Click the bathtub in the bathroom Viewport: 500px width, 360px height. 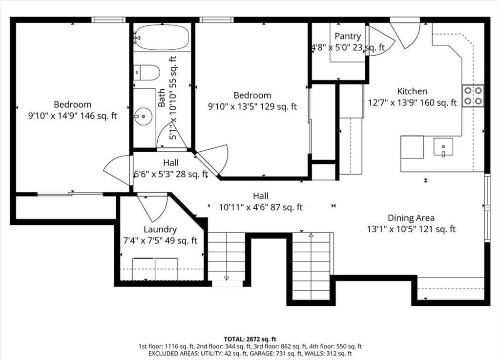(x=162, y=37)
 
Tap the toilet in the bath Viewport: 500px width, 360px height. (x=146, y=73)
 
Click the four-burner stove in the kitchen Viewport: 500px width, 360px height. (x=473, y=95)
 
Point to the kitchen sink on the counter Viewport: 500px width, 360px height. (x=443, y=147)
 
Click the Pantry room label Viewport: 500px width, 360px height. (x=348, y=36)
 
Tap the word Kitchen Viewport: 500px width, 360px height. (x=412, y=91)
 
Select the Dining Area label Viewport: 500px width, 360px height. (x=411, y=218)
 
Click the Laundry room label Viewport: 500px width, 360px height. (x=160, y=229)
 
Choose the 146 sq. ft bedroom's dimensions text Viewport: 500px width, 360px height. (x=73, y=116)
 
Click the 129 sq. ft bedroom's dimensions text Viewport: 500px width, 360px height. (x=252, y=106)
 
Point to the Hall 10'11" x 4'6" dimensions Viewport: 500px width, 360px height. (x=261, y=207)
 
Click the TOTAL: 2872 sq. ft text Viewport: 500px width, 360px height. (x=250, y=339)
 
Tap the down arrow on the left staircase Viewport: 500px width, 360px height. (x=227, y=278)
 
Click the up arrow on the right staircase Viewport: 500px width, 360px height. (x=311, y=236)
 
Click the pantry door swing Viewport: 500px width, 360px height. (x=381, y=41)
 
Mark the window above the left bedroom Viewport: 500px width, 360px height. (x=108, y=20)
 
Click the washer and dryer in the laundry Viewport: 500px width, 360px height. (x=155, y=269)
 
